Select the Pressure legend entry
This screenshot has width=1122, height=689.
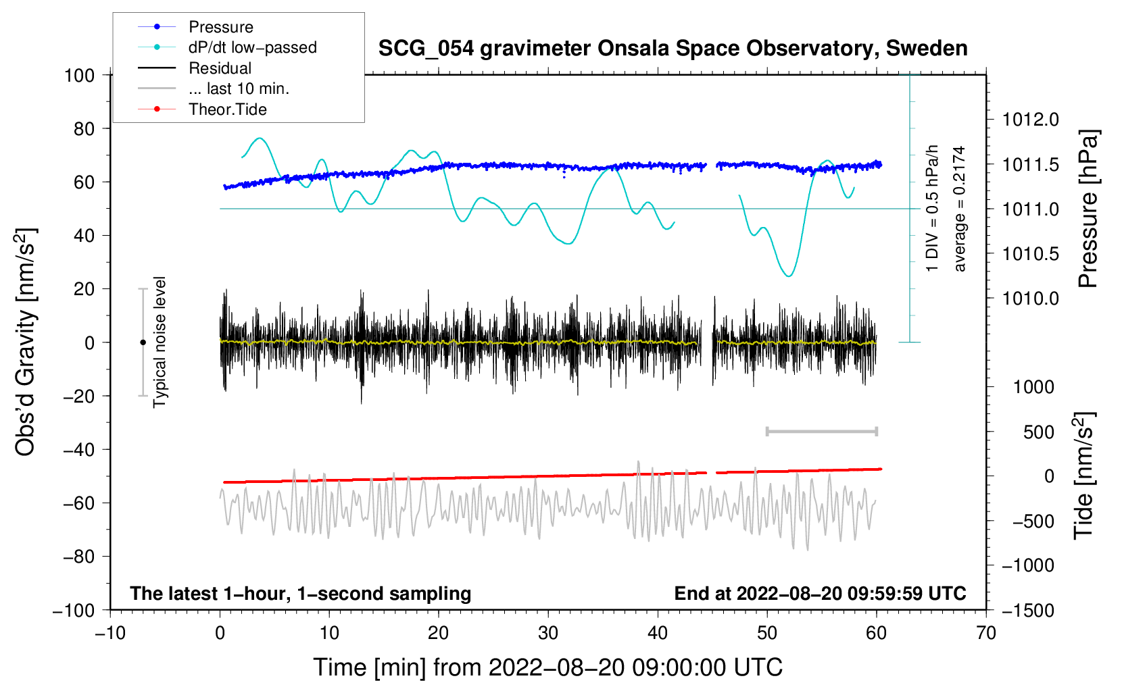click(x=195, y=26)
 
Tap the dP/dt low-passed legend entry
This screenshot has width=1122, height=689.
click(x=227, y=47)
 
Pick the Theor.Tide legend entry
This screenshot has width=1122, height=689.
click(x=202, y=109)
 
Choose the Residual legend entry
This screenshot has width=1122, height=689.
click(x=195, y=68)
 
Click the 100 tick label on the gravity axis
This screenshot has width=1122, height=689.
click(x=79, y=76)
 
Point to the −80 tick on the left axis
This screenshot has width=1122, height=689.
click(x=78, y=557)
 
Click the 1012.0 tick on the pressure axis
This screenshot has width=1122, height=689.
click(x=1030, y=120)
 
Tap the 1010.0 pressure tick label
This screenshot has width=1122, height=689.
click(x=1030, y=299)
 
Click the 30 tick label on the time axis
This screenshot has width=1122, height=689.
click(x=548, y=634)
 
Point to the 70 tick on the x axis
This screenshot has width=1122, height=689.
click(x=985, y=634)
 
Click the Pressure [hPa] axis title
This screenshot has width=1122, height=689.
click(x=1088, y=209)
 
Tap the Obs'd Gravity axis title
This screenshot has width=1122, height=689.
click(x=25, y=342)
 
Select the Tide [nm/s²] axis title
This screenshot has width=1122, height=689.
click(x=1084, y=476)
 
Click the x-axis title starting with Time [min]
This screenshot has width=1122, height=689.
click(x=548, y=668)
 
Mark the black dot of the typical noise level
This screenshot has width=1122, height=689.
click(x=143, y=342)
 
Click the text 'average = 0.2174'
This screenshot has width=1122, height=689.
click(x=958, y=209)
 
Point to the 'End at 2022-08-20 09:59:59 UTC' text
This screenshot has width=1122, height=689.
click(x=820, y=593)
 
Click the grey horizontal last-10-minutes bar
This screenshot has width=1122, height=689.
click(x=821, y=431)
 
